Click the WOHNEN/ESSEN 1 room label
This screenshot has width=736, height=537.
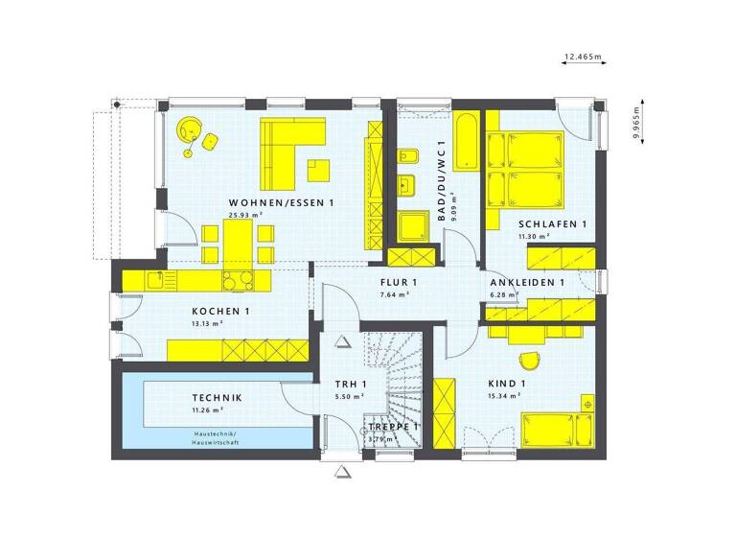click(281, 203)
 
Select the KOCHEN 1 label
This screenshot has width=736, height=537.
click(220, 312)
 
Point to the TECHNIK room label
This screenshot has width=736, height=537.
click(216, 398)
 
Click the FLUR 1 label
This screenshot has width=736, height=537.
click(399, 282)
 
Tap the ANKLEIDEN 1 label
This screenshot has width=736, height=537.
click(526, 283)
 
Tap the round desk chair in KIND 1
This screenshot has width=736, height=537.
click(528, 360)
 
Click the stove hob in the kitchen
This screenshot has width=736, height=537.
click(237, 280)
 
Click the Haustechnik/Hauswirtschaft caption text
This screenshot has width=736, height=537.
click(216, 437)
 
